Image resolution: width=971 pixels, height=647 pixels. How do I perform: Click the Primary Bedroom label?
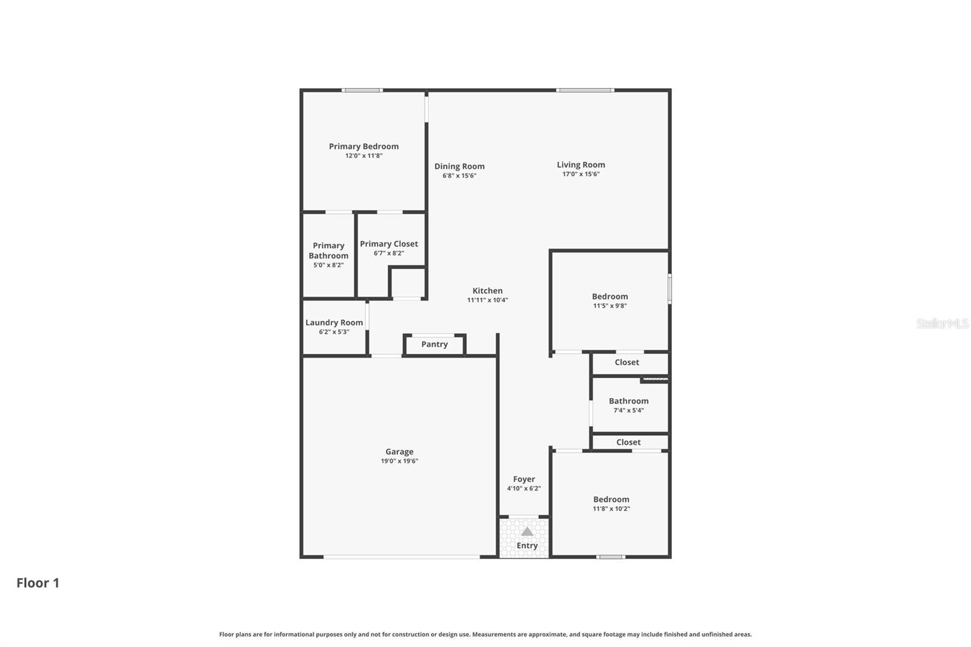(364, 146)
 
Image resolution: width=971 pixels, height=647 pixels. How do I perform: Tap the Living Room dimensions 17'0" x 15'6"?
(581, 174)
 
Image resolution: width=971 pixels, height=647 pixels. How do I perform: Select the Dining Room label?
(459, 166)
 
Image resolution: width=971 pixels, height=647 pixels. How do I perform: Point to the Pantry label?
(435, 344)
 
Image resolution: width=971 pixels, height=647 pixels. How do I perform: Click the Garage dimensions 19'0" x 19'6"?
(399, 461)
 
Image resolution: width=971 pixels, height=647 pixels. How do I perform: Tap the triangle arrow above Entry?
(527, 532)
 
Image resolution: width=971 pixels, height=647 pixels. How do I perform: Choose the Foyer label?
(524, 479)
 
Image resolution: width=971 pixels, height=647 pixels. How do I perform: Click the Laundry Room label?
(334, 322)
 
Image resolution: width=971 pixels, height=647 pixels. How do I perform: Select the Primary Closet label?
(388, 244)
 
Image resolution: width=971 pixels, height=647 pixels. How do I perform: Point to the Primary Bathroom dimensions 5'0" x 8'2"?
(328, 265)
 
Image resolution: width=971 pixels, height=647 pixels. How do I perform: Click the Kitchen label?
(487, 291)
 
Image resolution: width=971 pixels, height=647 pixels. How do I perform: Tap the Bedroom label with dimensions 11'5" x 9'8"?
(610, 297)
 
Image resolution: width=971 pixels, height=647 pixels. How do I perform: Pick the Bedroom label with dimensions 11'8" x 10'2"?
(611, 500)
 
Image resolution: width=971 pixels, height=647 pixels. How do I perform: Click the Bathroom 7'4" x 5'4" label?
(629, 401)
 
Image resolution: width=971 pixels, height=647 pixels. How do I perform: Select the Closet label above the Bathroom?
(627, 362)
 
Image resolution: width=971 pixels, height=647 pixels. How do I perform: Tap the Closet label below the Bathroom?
(628, 442)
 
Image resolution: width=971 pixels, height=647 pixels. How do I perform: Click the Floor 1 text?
(38, 583)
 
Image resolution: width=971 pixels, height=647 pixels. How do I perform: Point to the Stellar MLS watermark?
(942, 323)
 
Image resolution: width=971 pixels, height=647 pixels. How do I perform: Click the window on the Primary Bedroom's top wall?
(362, 90)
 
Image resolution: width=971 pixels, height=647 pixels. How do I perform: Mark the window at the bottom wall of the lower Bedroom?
(611, 557)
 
